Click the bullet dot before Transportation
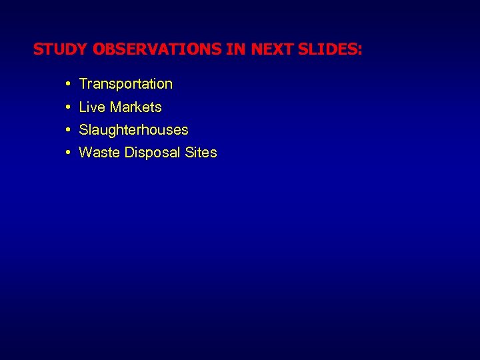coord(69,84)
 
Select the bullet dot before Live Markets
coord(69,107)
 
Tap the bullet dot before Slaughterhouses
coord(69,130)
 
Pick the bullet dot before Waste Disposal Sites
coord(69,153)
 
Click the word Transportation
coord(125,84)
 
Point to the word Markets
coord(136,107)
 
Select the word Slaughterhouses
coord(133,130)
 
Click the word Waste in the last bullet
coord(97,153)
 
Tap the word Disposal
coord(150,153)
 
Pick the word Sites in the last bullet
coord(201,153)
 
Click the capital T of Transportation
coord(83,84)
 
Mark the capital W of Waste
coord(85,153)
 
